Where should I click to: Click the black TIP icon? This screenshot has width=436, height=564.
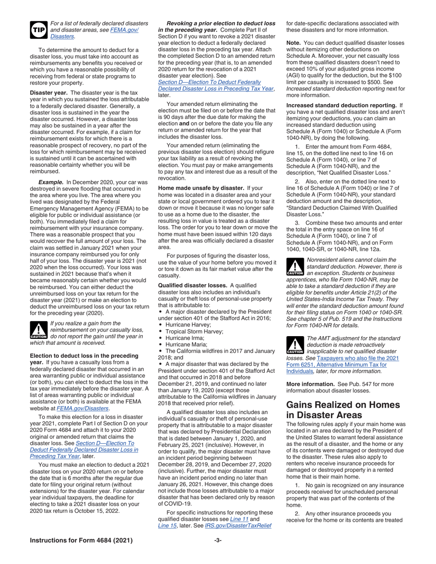(37, 29)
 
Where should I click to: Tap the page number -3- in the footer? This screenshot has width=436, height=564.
(218, 540)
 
